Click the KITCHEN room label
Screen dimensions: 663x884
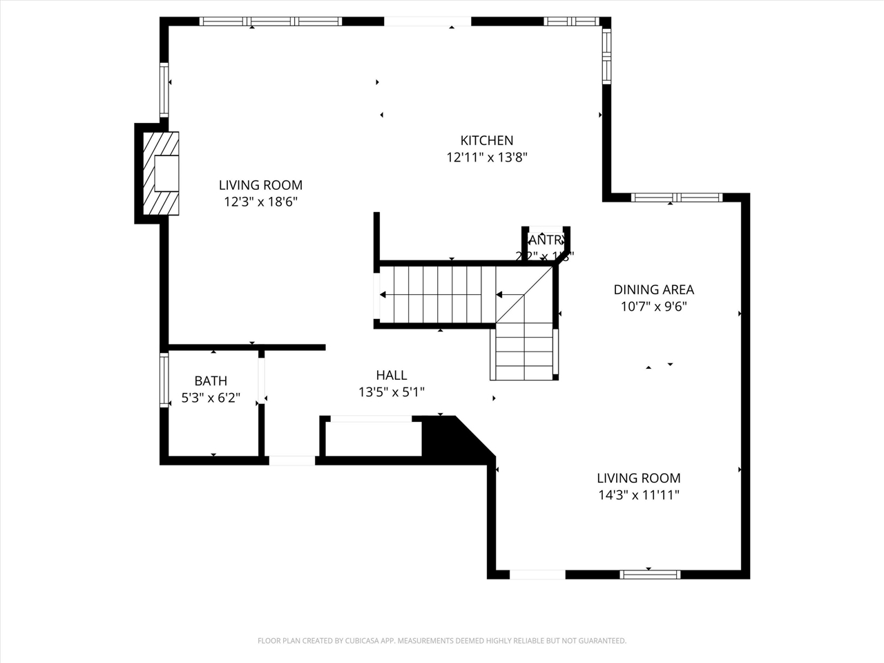coord(487,140)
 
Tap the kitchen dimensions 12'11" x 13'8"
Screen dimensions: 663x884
coord(487,157)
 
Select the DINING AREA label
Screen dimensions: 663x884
coord(653,289)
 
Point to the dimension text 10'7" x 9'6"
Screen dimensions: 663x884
coord(653,307)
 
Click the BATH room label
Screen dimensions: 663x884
coord(211,381)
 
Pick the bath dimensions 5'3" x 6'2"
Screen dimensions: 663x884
coord(211,398)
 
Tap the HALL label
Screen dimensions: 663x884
coord(391,375)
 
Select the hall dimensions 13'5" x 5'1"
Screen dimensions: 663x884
coord(391,392)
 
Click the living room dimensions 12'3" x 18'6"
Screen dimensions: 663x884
coord(260,202)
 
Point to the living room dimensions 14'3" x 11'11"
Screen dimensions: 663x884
coord(639,495)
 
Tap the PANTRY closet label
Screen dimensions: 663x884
coord(545,240)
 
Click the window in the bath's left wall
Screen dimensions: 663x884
coord(164,380)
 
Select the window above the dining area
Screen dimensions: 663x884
coord(676,198)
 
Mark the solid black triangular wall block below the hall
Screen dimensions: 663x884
coord(449,437)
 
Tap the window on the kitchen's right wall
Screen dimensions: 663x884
coord(606,56)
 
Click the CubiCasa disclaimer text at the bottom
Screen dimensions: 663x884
coord(442,641)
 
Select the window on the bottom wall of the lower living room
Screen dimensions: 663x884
coord(649,574)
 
